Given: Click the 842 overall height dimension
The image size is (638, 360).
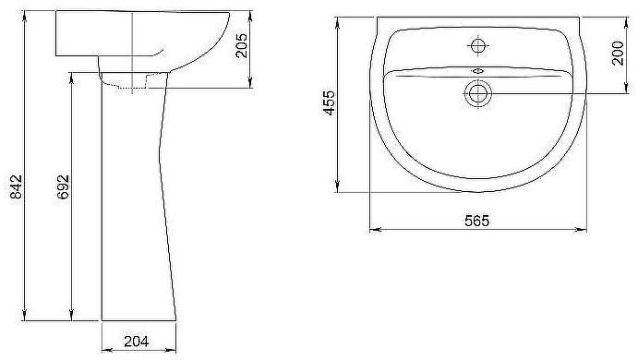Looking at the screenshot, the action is pyautogui.click(x=16, y=186).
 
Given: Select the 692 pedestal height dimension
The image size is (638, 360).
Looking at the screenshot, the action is pyautogui.click(x=63, y=186).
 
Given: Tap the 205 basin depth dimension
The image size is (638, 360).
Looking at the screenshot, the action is pyautogui.click(x=242, y=45).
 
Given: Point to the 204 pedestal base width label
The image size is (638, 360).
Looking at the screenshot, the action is pyautogui.click(x=137, y=342).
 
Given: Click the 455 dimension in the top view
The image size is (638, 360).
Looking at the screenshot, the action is pyautogui.click(x=329, y=102).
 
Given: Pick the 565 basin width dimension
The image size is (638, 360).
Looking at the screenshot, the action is pyautogui.click(x=476, y=221).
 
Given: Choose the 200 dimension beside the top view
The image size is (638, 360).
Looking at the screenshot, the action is pyautogui.click(x=618, y=53).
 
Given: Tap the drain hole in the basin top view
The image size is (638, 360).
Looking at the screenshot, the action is pyautogui.click(x=477, y=93).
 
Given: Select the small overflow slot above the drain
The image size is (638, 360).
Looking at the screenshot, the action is pyautogui.click(x=477, y=71).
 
